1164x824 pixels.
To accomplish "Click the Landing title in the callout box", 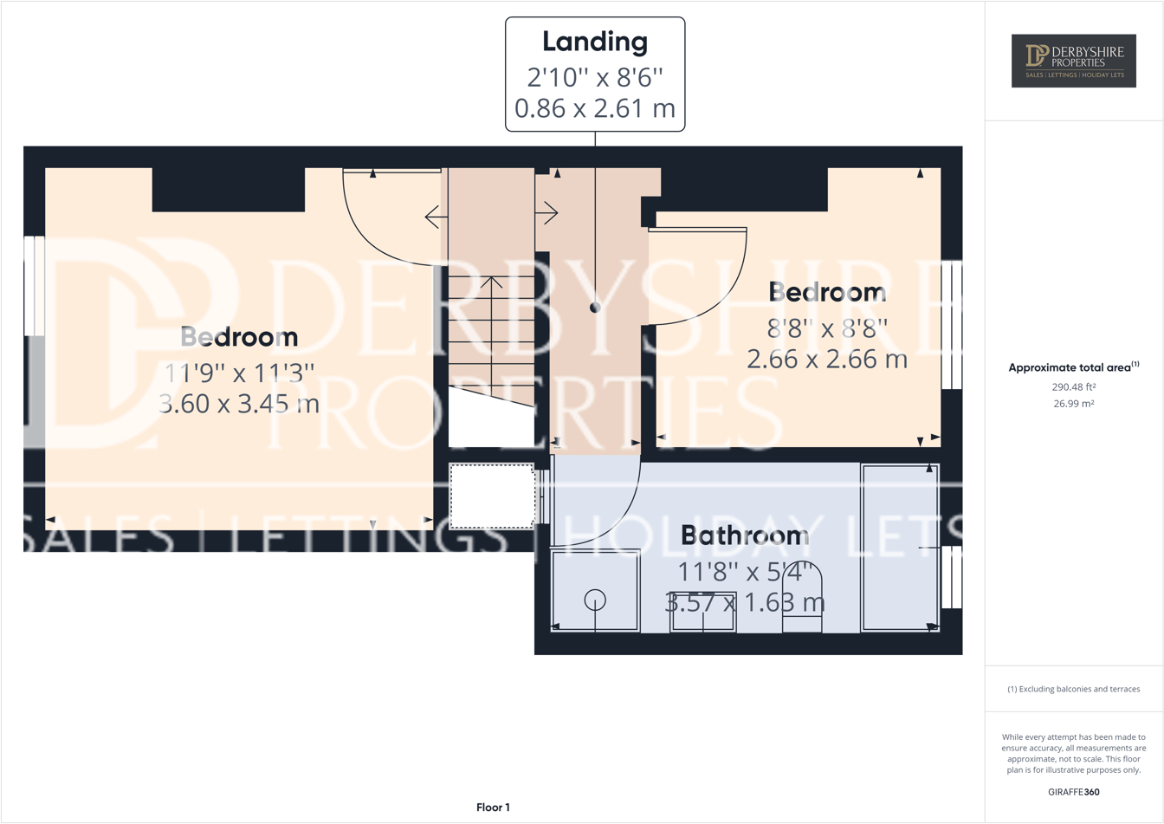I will click(595, 42).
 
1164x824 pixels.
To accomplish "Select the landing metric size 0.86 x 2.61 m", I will click(595, 108).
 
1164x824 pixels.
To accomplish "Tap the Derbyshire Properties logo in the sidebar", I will click(1073, 61).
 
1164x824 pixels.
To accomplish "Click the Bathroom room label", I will click(744, 535).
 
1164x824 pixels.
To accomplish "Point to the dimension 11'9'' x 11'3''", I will click(240, 373).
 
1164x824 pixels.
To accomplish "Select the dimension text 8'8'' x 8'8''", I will click(827, 329).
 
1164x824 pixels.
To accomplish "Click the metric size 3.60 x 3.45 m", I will click(240, 404).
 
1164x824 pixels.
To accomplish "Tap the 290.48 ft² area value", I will click(1073, 387).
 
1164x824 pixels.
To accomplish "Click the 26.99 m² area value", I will click(1073, 404).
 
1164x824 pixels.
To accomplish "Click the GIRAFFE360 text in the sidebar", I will click(1073, 792).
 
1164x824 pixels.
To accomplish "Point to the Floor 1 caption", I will click(493, 808).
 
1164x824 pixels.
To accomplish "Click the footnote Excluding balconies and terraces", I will click(1073, 690).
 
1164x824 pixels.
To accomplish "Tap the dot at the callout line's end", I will click(595, 308).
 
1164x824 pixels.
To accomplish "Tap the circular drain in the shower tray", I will click(595, 599).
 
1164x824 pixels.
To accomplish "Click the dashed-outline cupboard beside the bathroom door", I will click(492, 496).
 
